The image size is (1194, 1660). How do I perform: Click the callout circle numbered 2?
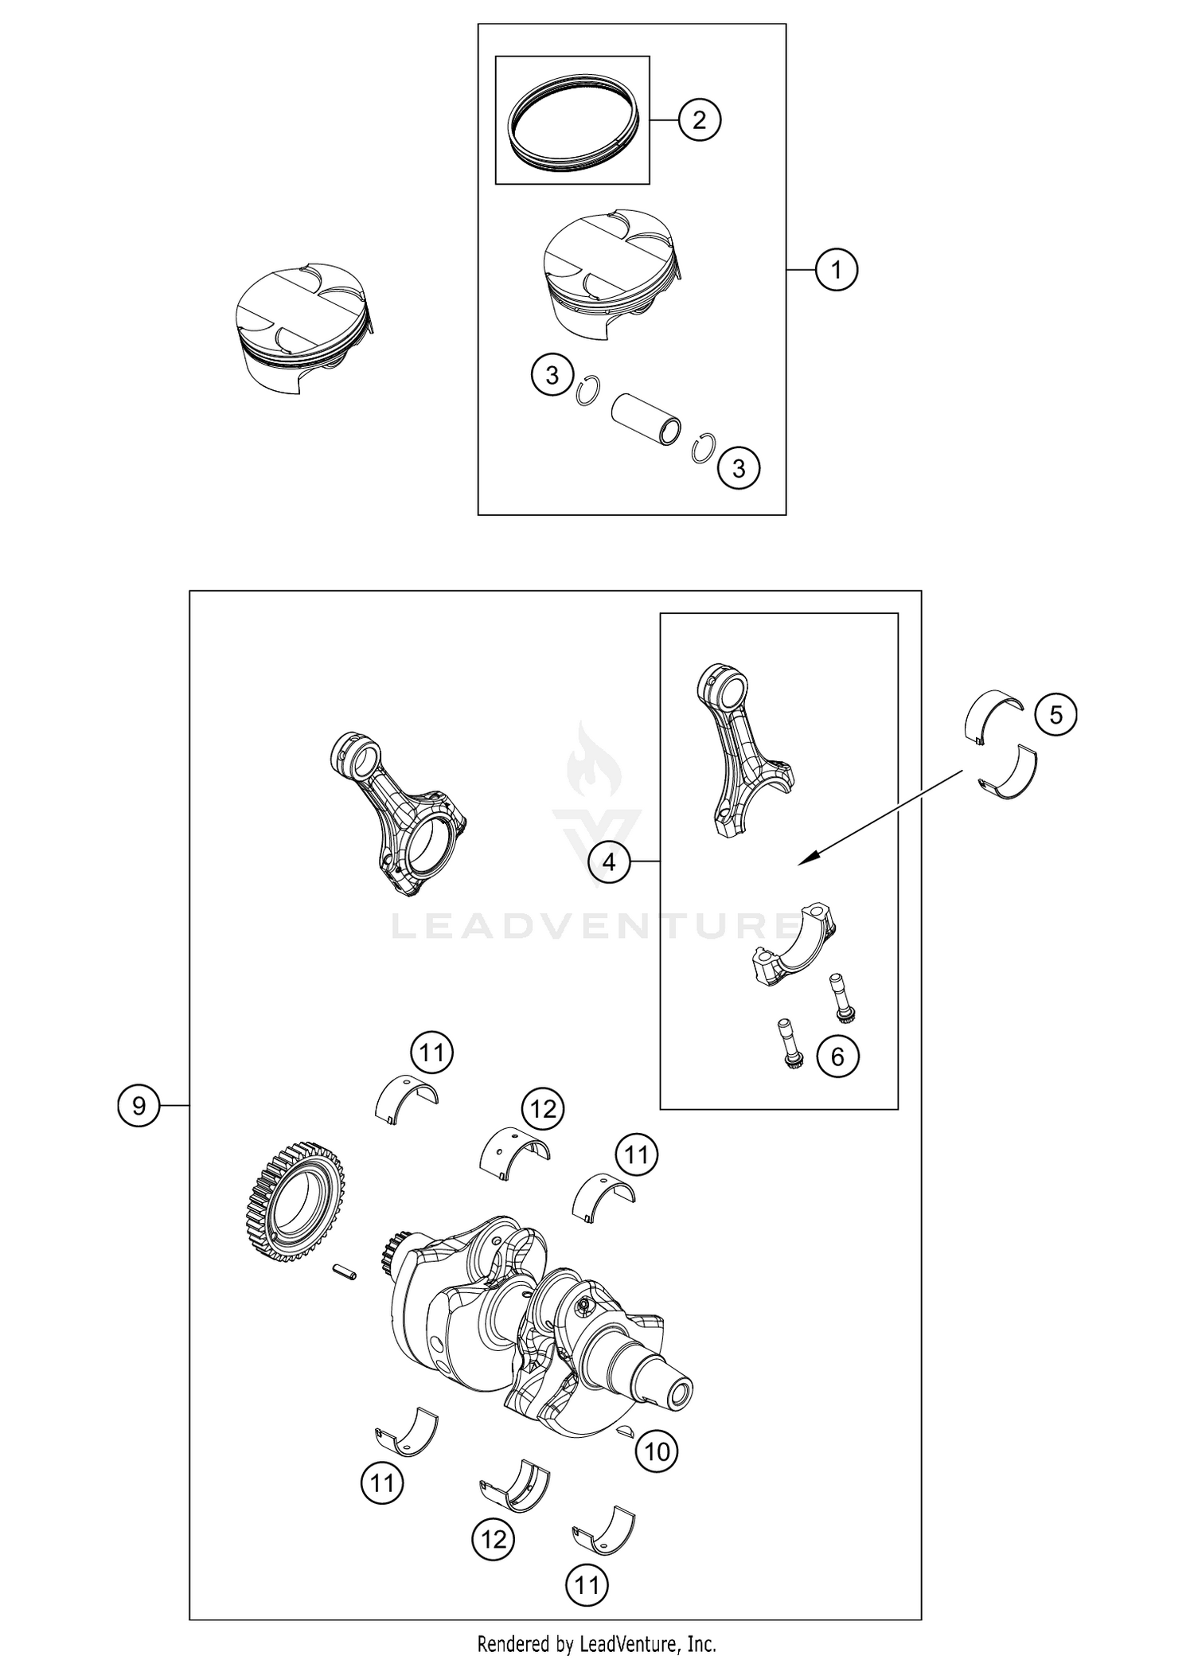click(699, 120)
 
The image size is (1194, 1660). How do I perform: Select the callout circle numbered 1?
click(836, 270)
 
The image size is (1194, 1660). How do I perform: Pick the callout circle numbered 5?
click(1055, 714)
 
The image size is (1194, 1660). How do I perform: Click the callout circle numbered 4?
click(609, 861)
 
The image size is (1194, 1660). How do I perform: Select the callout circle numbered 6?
click(837, 1057)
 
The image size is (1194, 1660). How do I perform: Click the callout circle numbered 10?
click(657, 1452)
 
